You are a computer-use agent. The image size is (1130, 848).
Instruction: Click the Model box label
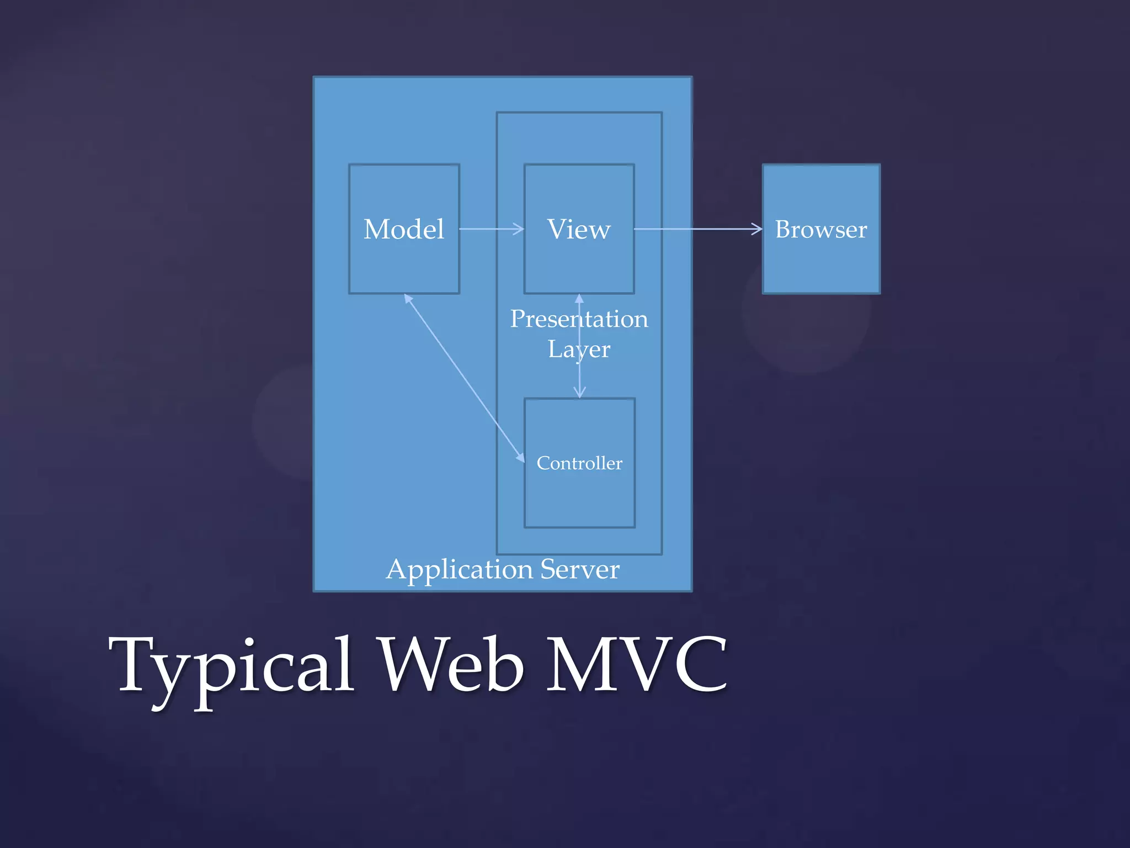coord(404,229)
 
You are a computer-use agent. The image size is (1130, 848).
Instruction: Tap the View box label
coord(579,229)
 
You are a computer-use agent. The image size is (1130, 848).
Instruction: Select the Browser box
coord(821,229)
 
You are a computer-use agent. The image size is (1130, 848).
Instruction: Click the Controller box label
coord(579,463)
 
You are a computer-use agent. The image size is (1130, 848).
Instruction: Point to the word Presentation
coord(579,319)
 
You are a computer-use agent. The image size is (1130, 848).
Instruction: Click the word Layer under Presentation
coord(579,349)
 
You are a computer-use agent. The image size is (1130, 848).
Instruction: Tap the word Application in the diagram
coord(460,569)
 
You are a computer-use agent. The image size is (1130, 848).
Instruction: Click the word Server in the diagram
coord(580,569)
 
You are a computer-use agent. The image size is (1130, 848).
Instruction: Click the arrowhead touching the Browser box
coord(757,229)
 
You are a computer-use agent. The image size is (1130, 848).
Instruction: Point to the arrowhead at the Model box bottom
coord(408,299)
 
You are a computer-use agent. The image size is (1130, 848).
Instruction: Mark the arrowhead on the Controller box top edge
coord(579,393)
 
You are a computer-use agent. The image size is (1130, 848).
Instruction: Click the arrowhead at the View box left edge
coord(519,229)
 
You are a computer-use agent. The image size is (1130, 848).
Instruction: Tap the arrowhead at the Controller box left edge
coord(520,458)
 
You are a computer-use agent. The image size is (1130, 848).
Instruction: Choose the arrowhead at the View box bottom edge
coord(579,299)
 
